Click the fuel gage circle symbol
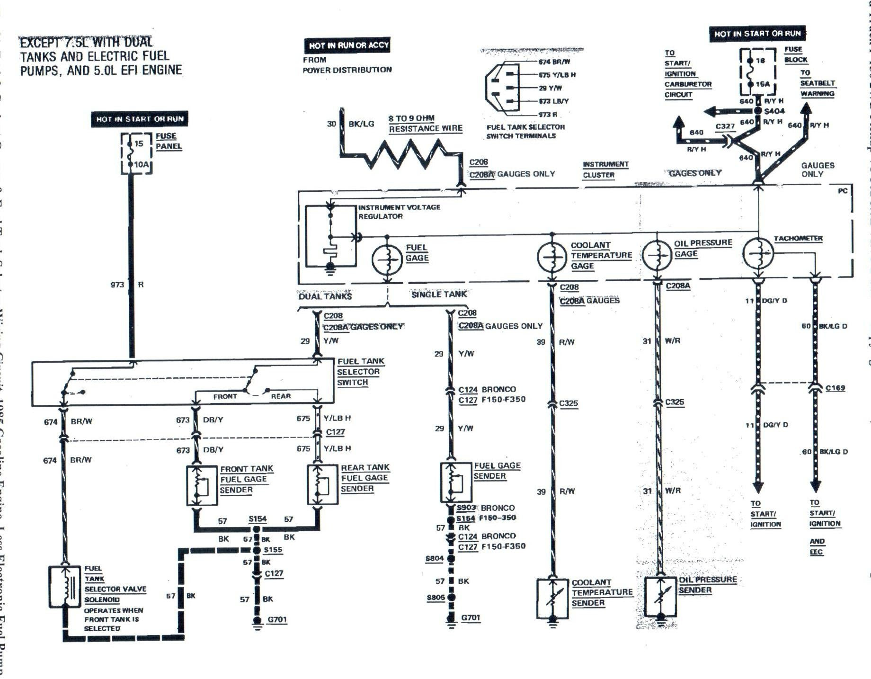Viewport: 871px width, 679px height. pos(387,259)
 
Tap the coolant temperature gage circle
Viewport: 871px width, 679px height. pos(552,257)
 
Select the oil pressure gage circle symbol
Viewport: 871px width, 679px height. pos(657,255)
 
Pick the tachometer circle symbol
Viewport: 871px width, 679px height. pos(758,253)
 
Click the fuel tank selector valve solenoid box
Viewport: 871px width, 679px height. pos(65,587)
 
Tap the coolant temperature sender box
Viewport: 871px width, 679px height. pos(552,598)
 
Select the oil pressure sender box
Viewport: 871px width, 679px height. pos(660,596)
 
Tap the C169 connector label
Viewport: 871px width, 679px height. pos(835,388)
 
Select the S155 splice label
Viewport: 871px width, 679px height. pos(273,550)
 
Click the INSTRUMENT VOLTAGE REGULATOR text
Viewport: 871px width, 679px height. pos(399,212)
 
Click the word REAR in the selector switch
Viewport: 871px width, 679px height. pos(281,396)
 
